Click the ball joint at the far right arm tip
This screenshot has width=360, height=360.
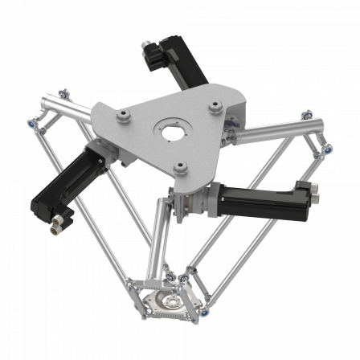(x=329, y=148)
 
